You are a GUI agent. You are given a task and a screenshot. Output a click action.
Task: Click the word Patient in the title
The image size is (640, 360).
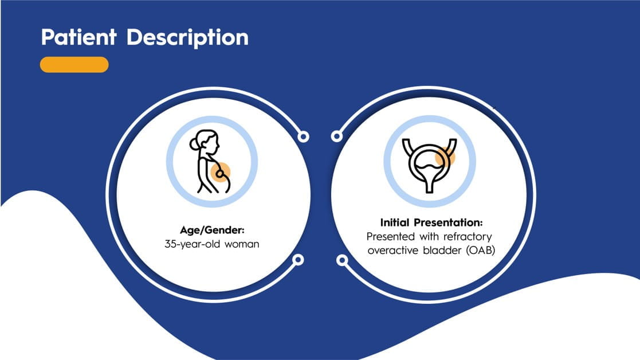[78, 37]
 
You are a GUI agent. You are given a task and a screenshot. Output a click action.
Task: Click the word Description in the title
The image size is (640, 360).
[187, 38]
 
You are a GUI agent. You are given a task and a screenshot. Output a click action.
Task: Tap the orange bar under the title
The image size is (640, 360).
[74, 64]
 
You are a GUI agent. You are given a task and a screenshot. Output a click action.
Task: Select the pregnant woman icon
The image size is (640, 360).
[210, 162]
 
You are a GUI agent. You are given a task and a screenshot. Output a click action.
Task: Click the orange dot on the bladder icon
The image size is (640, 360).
[445, 156]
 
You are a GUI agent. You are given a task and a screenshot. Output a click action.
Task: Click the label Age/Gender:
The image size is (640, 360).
[212, 230]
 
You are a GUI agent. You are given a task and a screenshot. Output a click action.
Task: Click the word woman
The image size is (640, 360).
[242, 244]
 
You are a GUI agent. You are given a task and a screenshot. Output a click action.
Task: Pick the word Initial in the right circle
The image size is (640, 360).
[395, 222]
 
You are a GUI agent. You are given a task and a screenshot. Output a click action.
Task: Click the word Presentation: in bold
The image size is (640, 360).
[448, 223]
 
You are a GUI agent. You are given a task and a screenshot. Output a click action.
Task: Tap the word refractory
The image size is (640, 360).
[468, 237]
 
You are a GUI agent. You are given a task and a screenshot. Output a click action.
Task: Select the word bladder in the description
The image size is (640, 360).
[442, 250]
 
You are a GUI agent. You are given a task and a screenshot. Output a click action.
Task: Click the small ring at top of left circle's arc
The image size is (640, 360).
[303, 136]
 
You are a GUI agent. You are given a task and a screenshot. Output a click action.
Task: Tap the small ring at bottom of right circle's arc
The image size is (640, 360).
[342, 260]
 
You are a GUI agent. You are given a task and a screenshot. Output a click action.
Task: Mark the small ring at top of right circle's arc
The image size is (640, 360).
[337, 136]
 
